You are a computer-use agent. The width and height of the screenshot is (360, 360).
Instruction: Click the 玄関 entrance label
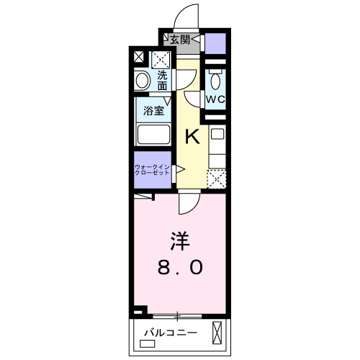(x=180, y=40)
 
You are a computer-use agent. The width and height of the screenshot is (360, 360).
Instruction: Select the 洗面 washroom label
(x=163, y=79)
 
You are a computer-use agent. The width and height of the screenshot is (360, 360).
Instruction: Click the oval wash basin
(x=143, y=80)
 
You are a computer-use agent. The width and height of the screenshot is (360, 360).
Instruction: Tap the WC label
(x=214, y=98)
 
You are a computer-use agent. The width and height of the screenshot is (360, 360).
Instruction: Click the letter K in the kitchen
(x=192, y=135)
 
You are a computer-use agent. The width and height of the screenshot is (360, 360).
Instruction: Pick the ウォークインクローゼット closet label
(x=152, y=171)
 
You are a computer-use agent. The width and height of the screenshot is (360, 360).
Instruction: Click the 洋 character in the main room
(x=180, y=238)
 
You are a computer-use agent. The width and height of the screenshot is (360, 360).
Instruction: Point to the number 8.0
(x=180, y=267)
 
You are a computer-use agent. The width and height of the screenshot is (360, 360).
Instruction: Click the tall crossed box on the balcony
(x=217, y=333)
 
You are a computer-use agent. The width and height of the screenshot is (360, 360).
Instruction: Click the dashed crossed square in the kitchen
(x=216, y=178)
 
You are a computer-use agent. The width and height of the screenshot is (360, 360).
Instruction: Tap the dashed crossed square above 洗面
(x=161, y=59)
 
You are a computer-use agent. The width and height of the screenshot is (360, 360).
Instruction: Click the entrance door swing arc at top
(x=184, y=16)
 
